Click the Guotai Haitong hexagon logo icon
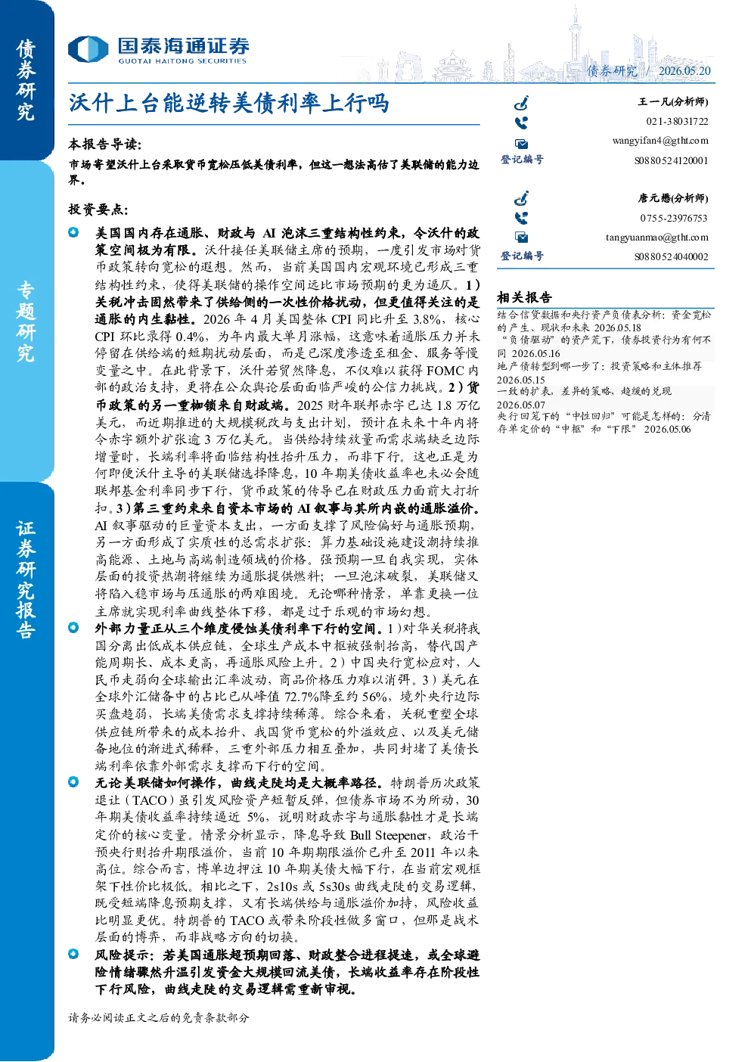(88, 48)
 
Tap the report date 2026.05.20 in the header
(684, 70)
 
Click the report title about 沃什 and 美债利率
(229, 103)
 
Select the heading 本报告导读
(105, 144)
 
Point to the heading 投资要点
(98, 209)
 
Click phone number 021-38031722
(677, 121)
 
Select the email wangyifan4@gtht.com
(660, 141)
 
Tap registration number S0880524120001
(672, 160)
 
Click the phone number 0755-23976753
(674, 218)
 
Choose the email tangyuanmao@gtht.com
(656, 237)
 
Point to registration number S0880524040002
(672, 257)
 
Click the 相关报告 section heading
(524, 297)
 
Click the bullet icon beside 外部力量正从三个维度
(73, 628)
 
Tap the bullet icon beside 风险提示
(73, 954)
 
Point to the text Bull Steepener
(388, 835)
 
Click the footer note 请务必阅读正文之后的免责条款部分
(158, 1018)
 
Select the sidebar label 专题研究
(26, 322)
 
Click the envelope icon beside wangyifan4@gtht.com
(521, 144)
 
